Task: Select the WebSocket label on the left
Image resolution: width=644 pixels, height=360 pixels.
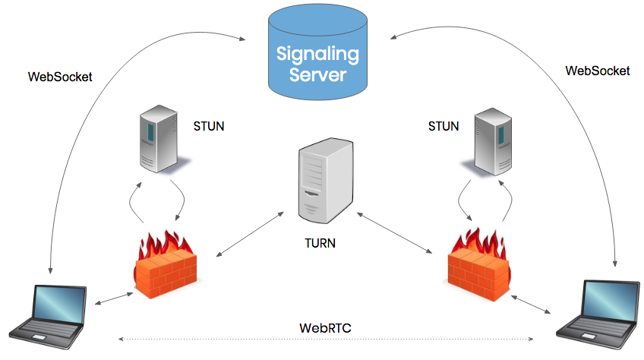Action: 60,77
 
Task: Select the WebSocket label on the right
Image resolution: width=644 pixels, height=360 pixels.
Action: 597,70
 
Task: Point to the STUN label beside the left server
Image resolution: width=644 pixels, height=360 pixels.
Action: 209,126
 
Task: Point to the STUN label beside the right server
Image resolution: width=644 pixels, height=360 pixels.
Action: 444,126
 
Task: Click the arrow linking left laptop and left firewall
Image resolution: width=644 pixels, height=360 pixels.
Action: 112,297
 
